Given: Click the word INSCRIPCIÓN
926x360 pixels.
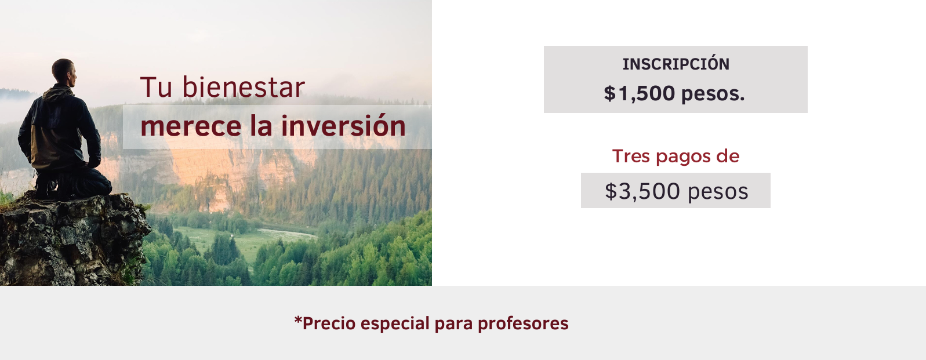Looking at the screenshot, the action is pos(676,64).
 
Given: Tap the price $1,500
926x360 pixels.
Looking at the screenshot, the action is pos(640,93).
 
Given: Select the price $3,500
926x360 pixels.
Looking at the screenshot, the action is pos(642,191).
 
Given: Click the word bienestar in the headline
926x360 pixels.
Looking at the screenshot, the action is pos(244,87).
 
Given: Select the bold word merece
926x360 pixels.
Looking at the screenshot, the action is pos(191,126).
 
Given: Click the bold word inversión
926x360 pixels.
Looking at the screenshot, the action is pos(343,126).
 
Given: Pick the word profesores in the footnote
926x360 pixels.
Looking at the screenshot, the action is pos(523,323).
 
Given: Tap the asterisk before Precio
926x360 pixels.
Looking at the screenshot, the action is pos(297,320).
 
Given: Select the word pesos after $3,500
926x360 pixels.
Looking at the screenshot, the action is pos(718,192).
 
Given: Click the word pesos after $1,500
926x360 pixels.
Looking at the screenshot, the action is pos(713,94).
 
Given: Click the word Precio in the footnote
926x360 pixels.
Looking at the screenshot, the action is pos(329,323).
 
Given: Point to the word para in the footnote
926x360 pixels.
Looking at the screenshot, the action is pos(453,325).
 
